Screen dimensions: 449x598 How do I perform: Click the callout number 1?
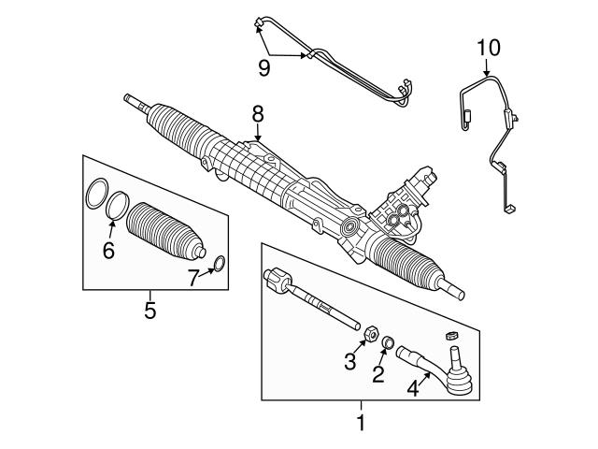click(x=361, y=424)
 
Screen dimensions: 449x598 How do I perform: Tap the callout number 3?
click(x=349, y=363)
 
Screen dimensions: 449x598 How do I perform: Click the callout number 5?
click(x=149, y=310)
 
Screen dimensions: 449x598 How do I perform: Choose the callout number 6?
click(x=107, y=250)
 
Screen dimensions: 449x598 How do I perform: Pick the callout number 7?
click(x=192, y=278)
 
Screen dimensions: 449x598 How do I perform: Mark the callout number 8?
click(x=258, y=114)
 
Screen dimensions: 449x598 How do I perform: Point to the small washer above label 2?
click(x=387, y=345)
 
